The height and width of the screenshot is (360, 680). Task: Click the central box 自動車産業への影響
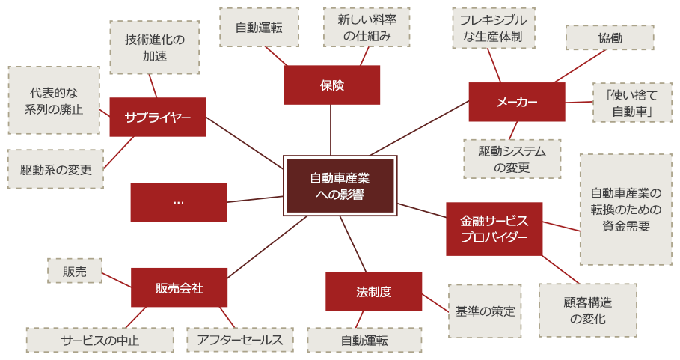pyautogui.click(x=340, y=186)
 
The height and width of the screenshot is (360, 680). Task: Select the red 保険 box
pyautogui.click(x=331, y=85)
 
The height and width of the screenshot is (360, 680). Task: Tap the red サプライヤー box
pyautogui.click(x=157, y=117)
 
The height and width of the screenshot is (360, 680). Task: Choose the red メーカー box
pyautogui.click(x=516, y=102)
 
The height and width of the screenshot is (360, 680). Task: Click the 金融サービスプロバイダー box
pyautogui.click(x=494, y=229)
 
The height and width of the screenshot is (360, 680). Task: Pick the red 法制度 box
pyautogui.click(x=373, y=291)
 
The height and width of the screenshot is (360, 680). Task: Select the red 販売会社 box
pyautogui.click(x=179, y=287)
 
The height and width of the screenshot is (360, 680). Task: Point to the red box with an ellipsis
pyautogui.click(x=178, y=202)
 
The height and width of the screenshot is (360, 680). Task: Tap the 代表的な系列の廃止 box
pyautogui.click(x=54, y=100)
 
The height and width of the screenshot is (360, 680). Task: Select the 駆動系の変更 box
pyautogui.click(x=55, y=169)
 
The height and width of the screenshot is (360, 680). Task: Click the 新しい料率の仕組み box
pyautogui.click(x=367, y=28)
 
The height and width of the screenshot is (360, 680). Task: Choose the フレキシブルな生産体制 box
pyautogui.click(x=493, y=28)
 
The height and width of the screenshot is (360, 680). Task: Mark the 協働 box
pyautogui.click(x=610, y=37)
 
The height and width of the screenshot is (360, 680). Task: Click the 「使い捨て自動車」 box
pyautogui.click(x=623, y=103)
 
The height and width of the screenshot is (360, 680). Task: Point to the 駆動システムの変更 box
pyautogui.click(x=512, y=159)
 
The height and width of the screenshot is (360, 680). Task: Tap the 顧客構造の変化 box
pyautogui.click(x=587, y=310)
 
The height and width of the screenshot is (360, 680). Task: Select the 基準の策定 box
pyautogui.click(x=485, y=310)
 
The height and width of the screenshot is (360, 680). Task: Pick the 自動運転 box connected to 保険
pyautogui.click(x=259, y=28)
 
